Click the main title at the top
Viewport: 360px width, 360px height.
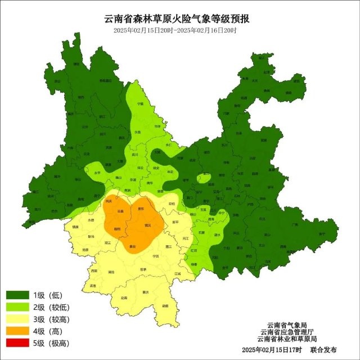click(x=179, y=19)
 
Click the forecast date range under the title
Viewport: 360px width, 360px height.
click(x=175, y=30)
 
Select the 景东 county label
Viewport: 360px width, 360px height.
click(x=141, y=209)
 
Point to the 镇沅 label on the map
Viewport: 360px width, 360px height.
click(x=147, y=225)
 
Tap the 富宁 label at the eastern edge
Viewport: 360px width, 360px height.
click(x=322, y=232)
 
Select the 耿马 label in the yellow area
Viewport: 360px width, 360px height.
click(x=91, y=237)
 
